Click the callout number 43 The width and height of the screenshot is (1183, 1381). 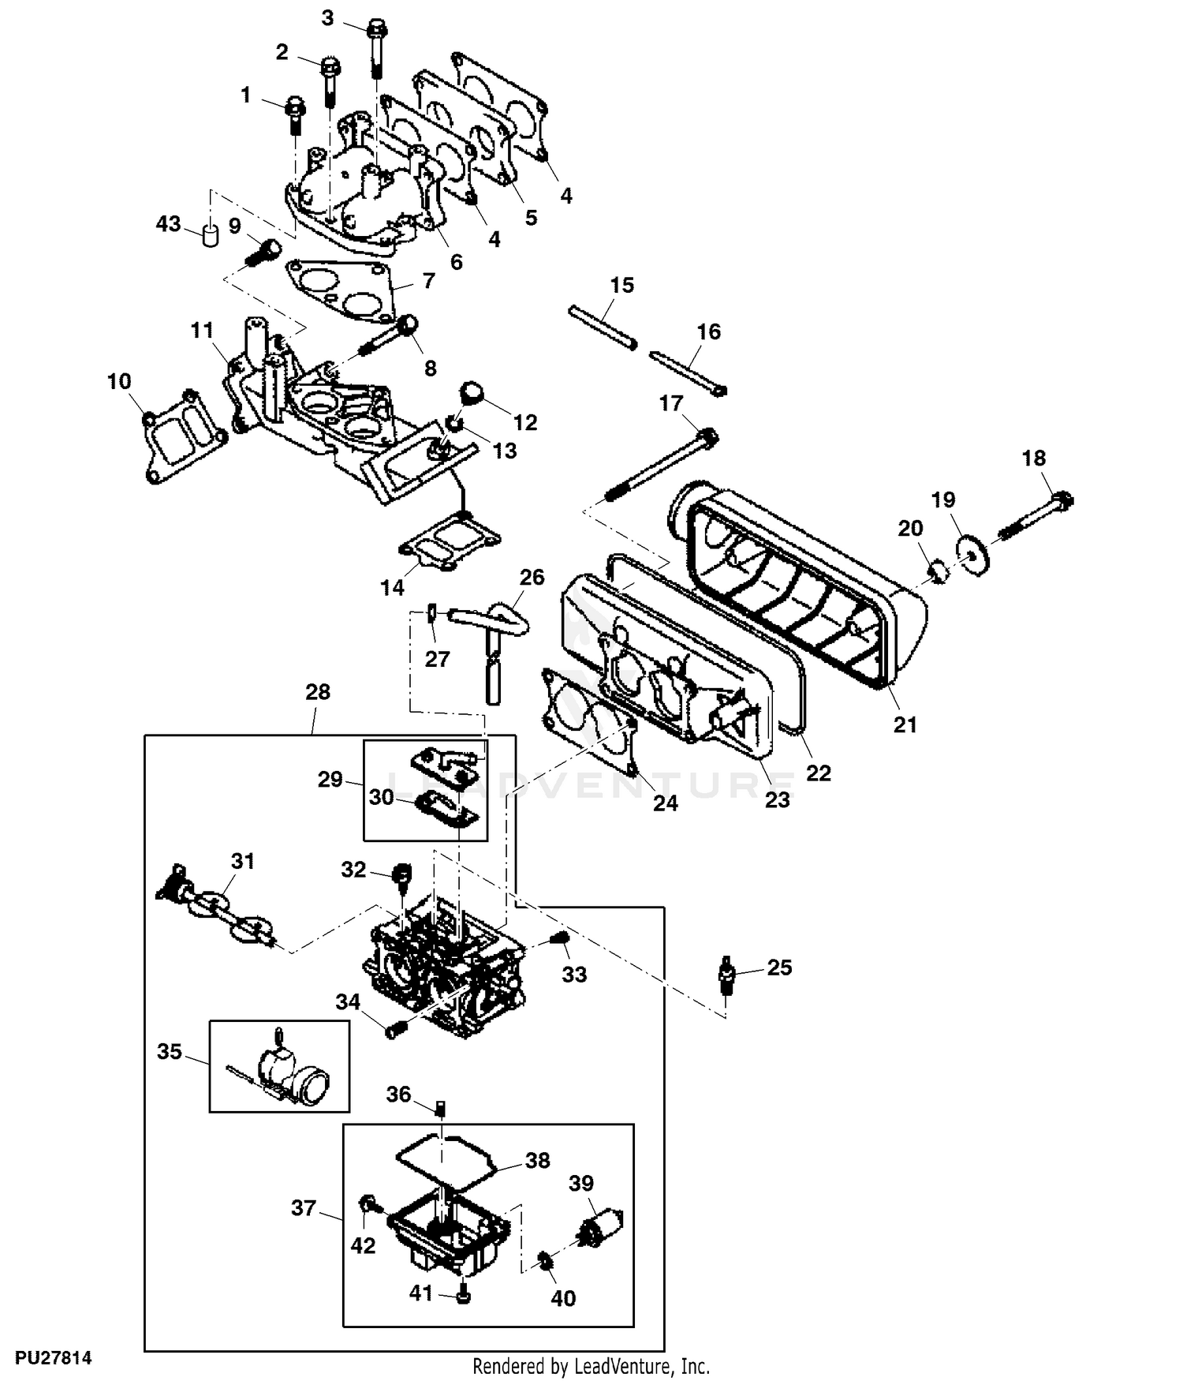pos(168,224)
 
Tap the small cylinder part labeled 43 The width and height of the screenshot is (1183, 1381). pos(210,235)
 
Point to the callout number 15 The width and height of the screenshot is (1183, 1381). pos(621,285)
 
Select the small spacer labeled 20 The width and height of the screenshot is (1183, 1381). pos(938,571)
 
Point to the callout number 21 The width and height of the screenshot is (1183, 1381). pos(905,724)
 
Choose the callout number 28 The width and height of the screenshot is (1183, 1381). pos(318,692)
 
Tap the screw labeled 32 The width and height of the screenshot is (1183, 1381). pos(402,875)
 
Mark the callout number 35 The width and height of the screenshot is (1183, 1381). pos(170,1051)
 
